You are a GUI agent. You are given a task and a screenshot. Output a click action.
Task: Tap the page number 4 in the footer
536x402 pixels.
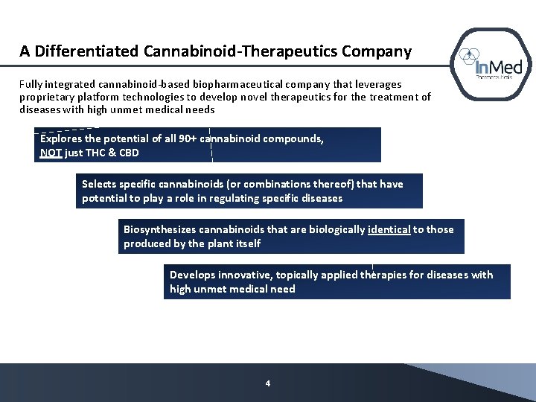coord(268,383)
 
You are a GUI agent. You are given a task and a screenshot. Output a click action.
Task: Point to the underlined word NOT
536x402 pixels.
coord(51,153)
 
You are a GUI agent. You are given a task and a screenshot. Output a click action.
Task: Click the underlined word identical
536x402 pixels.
coord(389,229)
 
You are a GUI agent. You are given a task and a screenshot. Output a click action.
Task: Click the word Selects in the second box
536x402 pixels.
coord(100,184)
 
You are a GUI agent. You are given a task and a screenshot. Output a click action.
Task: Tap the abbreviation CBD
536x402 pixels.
coord(129,153)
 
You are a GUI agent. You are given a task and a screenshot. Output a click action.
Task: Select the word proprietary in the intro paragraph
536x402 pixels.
coord(45,97)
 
